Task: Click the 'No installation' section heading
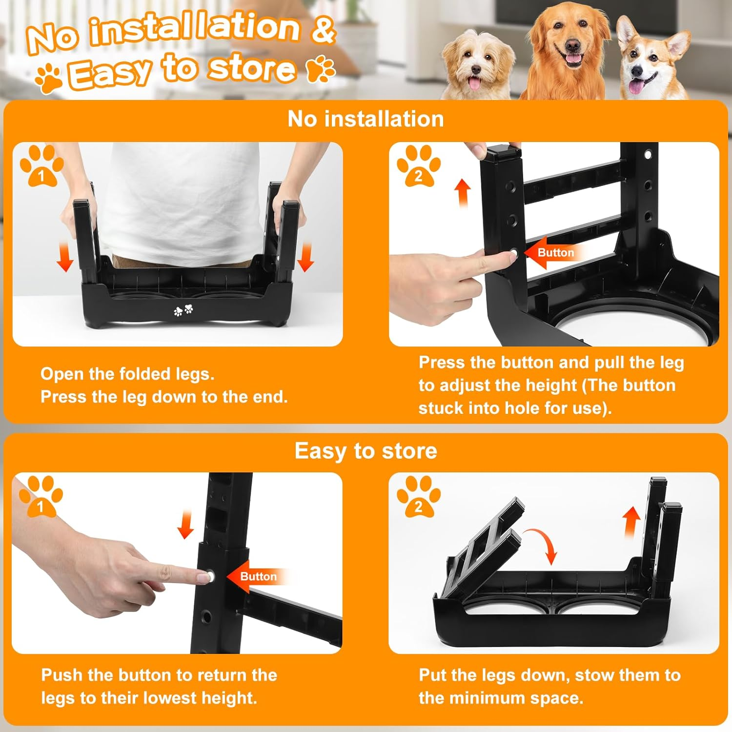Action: (366, 119)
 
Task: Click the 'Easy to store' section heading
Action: (366, 451)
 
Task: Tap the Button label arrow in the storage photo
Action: (254, 576)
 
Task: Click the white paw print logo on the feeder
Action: (183, 310)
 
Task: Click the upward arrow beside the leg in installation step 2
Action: (463, 193)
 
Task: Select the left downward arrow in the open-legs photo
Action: (65, 258)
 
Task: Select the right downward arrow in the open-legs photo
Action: (305, 258)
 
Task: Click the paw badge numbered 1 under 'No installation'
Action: (41, 166)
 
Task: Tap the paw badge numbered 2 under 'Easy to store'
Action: (418, 497)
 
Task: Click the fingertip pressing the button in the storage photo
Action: (205, 577)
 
